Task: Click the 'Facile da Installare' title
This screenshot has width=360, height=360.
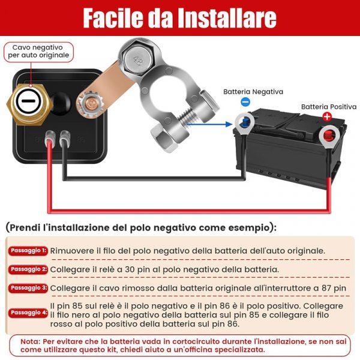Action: [180, 18]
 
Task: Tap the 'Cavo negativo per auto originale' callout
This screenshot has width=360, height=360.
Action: [38, 52]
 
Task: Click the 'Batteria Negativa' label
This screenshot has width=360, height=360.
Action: [253, 92]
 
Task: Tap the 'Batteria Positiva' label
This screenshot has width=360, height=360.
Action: [329, 107]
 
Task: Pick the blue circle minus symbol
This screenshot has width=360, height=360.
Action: [245, 102]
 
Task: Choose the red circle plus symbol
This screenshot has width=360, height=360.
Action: [327, 116]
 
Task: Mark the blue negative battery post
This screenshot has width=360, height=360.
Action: [245, 121]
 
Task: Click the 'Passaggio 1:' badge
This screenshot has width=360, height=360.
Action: [28, 251]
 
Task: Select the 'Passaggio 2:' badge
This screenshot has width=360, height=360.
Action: [28, 269]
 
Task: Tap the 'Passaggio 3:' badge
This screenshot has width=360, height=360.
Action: [28, 288]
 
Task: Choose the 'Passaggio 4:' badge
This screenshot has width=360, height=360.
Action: [28, 313]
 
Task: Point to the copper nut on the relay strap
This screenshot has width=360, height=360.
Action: [90, 104]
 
